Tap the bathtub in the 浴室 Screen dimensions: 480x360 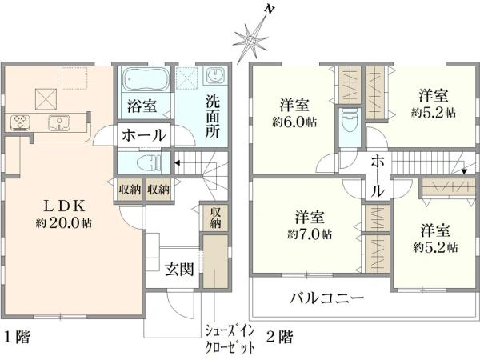(x=146, y=78)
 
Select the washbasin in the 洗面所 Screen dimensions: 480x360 (x=216, y=76)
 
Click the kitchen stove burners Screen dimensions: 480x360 (x=20, y=122)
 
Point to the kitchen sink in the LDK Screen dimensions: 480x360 (x=59, y=122)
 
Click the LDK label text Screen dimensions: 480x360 (x=63, y=206)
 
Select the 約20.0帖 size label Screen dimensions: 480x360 (x=64, y=222)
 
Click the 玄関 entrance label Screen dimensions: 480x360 (x=180, y=270)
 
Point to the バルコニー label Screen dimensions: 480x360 (x=327, y=298)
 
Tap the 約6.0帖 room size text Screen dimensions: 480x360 (x=294, y=122)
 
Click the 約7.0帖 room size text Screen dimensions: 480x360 (x=309, y=234)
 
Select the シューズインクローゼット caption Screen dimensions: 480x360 (x=230, y=339)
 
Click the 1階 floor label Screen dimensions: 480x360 (x=17, y=338)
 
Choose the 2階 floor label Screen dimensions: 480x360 (x=279, y=338)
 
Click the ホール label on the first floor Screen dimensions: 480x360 (x=144, y=135)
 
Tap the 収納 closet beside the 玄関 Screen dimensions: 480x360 (x=216, y=218)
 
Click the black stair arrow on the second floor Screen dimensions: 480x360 (x=464, y=171)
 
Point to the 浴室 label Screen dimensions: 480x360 (x=142, y=106)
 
